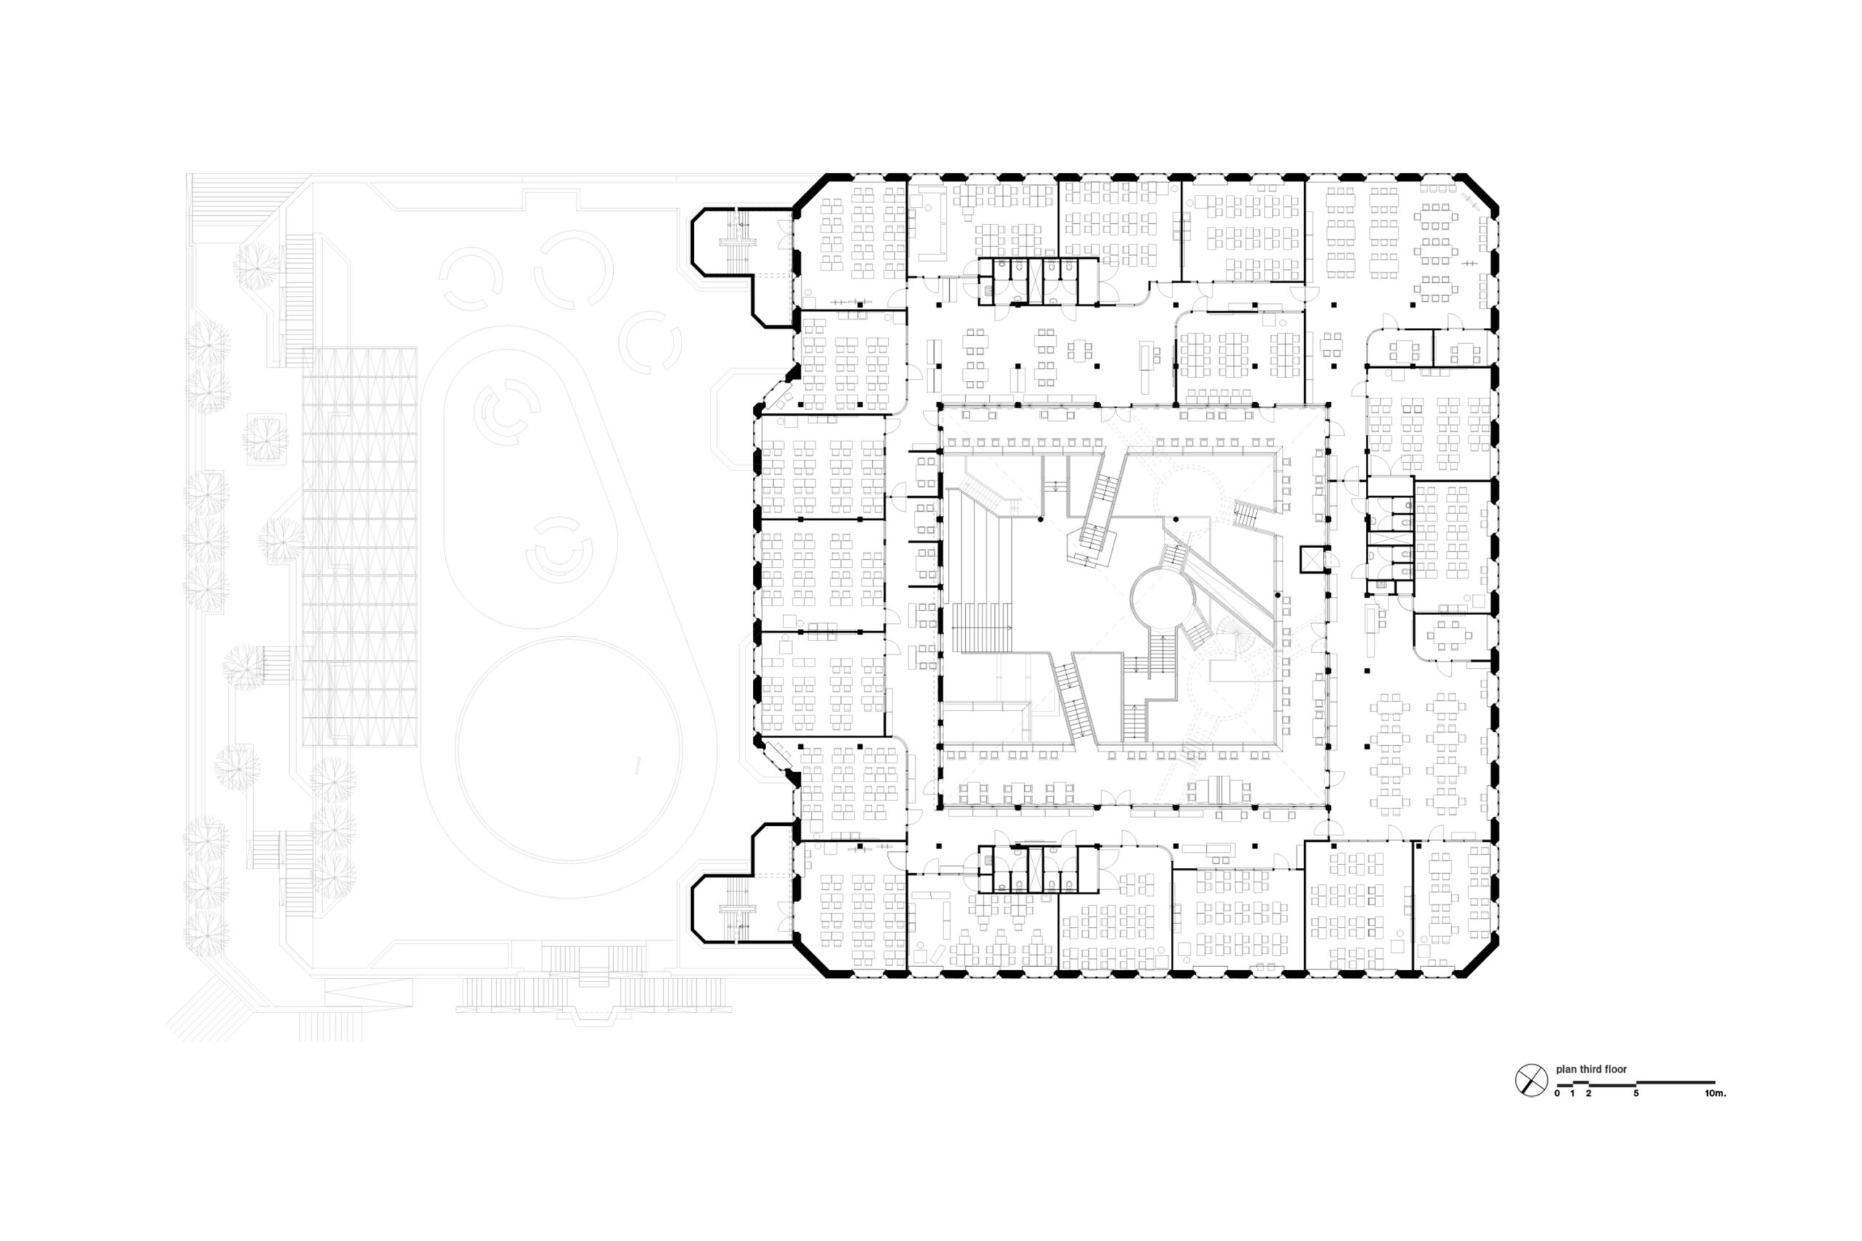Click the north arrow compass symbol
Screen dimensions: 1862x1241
point(1531,1080)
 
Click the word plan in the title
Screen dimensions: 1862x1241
point(1567,1069)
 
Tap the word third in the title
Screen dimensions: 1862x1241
point(1591,1069)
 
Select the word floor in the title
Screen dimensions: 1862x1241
point(1615,1069)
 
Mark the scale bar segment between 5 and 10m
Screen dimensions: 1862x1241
point(1675,1082)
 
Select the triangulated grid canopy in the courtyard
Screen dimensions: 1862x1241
point(360,546)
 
